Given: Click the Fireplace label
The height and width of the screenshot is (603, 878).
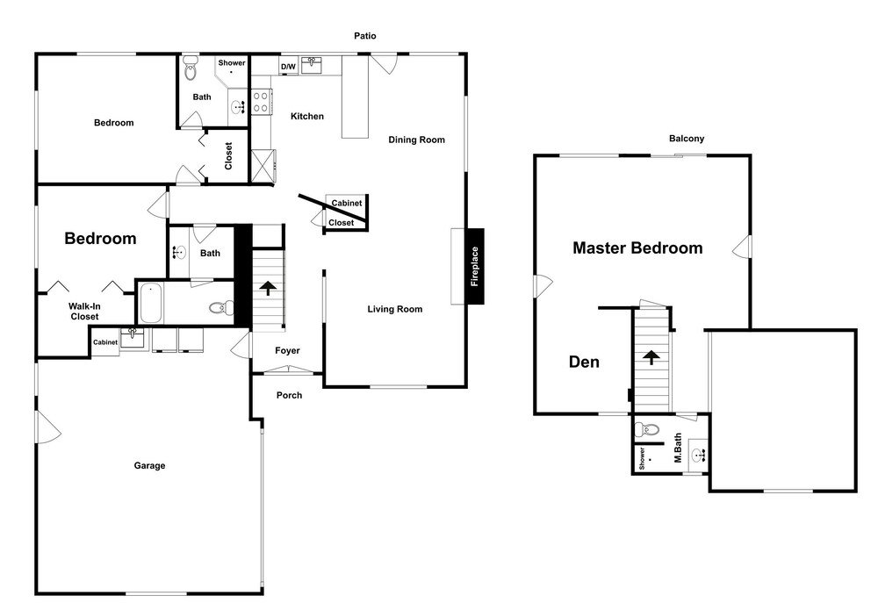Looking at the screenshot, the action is (475, 267).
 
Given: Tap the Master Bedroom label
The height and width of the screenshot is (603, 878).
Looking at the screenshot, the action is (637, 248).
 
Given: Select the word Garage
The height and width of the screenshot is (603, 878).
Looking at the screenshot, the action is (149, 466).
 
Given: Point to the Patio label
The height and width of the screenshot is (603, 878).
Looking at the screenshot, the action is (365, 36).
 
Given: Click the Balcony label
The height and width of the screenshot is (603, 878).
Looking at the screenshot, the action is (687, 139).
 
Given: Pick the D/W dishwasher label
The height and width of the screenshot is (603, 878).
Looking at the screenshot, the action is (288, 67).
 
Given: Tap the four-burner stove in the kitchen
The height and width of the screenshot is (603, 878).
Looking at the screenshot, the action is (261, 101).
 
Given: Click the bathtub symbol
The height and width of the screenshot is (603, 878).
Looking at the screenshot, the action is (151, 303).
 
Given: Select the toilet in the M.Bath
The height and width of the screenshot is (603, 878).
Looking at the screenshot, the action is (647, 430).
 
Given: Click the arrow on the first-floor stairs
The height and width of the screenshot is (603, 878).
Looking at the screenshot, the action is (268, 288).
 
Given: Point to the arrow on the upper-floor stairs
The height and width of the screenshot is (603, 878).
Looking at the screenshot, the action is (651, 356).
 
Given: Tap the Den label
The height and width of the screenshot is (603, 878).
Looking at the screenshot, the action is (584, 363).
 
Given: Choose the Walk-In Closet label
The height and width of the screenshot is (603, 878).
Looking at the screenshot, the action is (84, 312).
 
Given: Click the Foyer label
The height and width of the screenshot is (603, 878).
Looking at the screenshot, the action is (287, 350).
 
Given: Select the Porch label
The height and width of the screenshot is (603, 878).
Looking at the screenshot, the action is (289, 395).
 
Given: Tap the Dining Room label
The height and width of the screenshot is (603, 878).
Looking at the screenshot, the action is (416, 140).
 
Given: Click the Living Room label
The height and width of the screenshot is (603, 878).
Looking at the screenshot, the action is (395, 309).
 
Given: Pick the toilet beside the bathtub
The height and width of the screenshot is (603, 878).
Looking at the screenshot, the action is (222, 307).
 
